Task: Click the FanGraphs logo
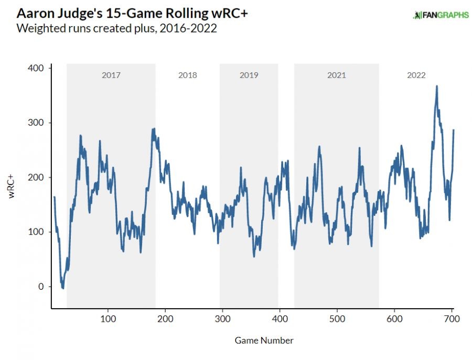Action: tap(441, 15)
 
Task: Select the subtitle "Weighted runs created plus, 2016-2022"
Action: tap(117, 28)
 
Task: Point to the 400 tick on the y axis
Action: tap(38, 68)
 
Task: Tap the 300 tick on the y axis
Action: tap(38, 123)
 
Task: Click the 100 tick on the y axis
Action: tap(38, 232)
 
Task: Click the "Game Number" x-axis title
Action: tap(264, 341)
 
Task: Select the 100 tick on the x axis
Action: tap(108, 318)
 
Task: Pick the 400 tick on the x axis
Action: tap(280, 318)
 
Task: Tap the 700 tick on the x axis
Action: tap(452, 318)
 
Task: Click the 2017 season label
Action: tap(111, 75)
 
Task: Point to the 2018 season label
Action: tap(187, 75)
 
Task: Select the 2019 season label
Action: tap(249, 75)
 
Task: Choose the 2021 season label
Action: tap(336, 75)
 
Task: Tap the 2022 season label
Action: tap(416, 75)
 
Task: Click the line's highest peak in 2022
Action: tap(436, 86)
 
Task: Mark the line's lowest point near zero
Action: tap(63, 288)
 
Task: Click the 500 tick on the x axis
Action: tap(337, 318)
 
